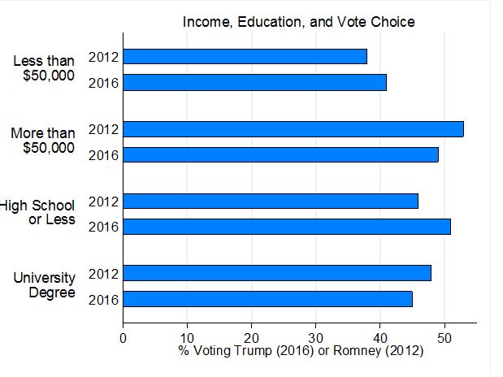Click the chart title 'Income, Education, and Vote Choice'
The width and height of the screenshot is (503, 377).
click(298, 22)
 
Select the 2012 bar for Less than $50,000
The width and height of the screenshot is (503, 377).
click(245, 57)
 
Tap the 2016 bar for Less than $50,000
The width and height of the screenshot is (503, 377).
click(254, 82)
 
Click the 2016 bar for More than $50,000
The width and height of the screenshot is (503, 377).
click(280, 154)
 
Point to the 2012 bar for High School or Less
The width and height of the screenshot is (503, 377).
click(270, 201)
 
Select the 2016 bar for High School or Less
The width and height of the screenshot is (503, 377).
click(286, 227)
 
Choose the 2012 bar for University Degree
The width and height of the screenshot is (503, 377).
click(276, 273)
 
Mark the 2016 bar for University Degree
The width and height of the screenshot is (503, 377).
click(267, 299)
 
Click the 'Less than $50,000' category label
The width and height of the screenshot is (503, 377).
click(44, 68)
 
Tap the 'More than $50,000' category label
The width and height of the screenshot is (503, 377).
click(43, 141)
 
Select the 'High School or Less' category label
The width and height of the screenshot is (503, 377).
click(38, 213)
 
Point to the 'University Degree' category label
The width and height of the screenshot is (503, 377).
click(45, 285)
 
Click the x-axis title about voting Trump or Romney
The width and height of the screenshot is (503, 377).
click(301, 351)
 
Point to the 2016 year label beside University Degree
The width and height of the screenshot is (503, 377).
click(104, 300)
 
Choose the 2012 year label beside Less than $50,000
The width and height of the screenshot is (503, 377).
click(104, 57)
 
